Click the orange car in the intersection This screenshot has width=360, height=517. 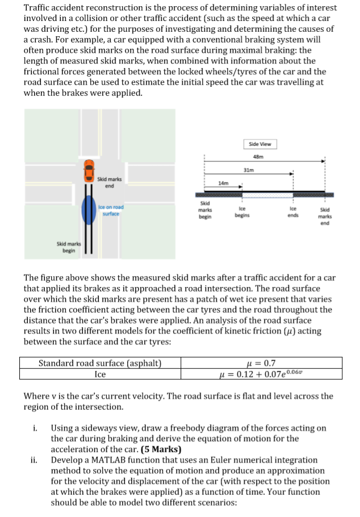coord(89,171)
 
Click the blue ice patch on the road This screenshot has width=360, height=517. coord(89,210)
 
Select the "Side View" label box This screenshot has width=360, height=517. coord(260,144)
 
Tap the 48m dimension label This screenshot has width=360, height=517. coord(261,157)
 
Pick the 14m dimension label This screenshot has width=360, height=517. coord(223,183)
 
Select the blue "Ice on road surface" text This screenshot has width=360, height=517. coord(111,210)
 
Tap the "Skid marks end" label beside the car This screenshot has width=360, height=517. coord(109,182)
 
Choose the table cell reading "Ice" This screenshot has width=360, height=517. coord(100,374)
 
